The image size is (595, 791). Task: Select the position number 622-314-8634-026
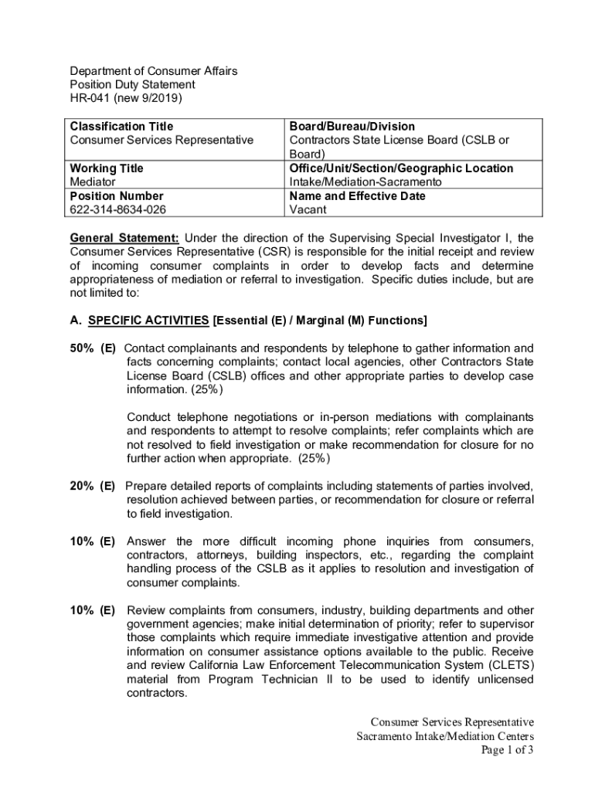coord(118,209)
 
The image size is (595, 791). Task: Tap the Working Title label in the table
coord(107,168)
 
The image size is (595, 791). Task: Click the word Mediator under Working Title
coord(93,182)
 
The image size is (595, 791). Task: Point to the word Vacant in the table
coord(308,209)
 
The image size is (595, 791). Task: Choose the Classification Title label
coord(122,126)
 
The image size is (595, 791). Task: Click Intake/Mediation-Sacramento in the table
coord(365,182)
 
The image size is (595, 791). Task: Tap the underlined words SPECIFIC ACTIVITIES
coord(148,320)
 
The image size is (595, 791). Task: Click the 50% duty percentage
coord(82,348)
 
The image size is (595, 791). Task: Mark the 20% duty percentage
coord(82,486)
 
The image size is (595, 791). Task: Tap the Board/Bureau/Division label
coord(352,126)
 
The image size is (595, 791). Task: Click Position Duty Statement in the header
coord(132,84)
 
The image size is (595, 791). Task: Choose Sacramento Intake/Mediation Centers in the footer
coord(445,736)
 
